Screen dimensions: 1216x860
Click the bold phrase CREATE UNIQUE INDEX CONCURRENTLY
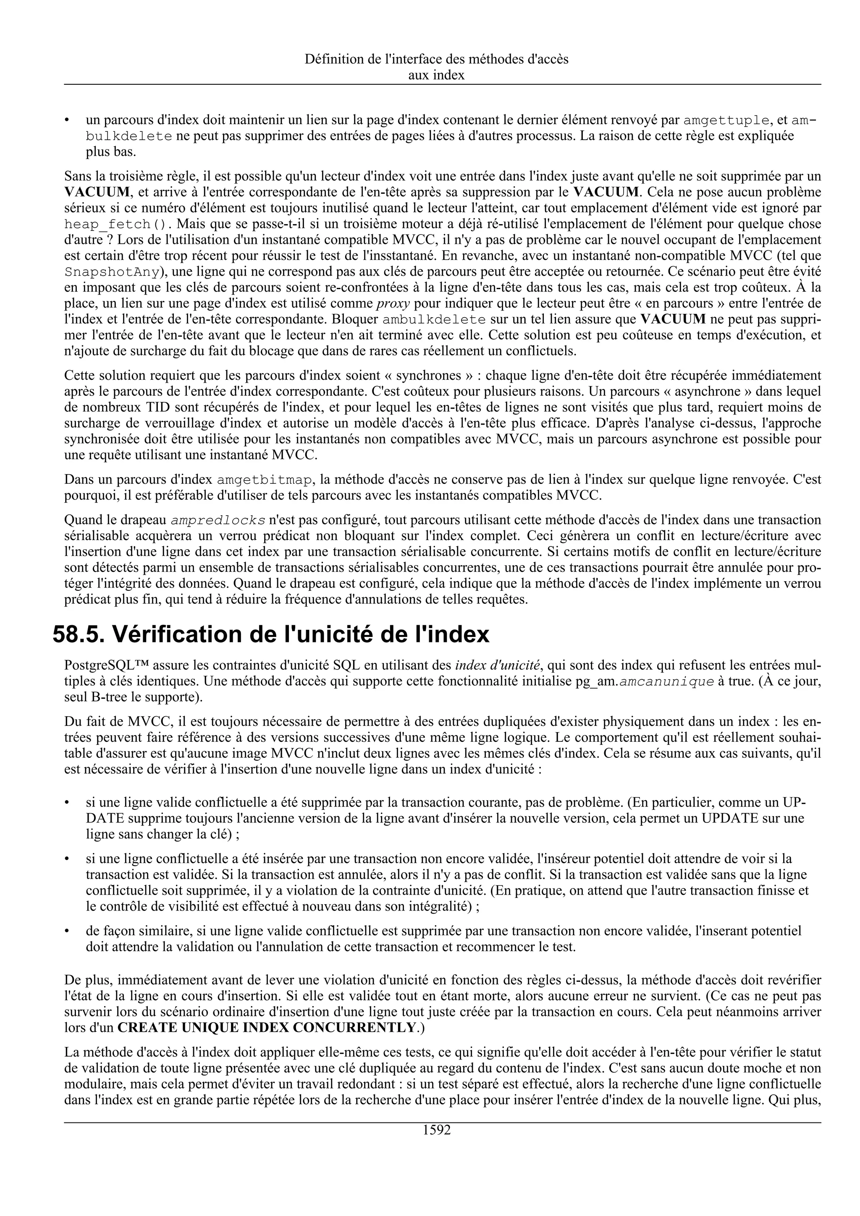(267, 1028)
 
